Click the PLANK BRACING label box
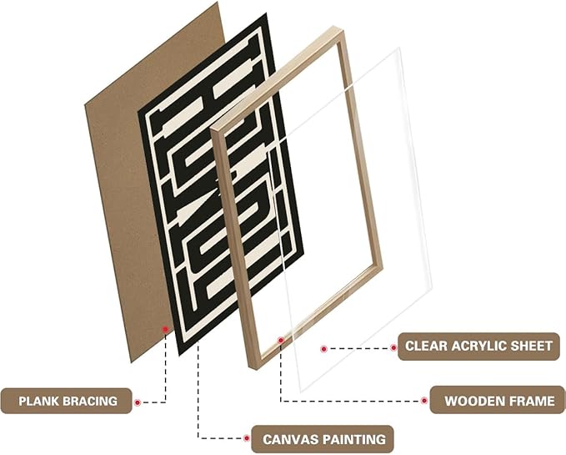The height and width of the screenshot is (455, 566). pos(69,402)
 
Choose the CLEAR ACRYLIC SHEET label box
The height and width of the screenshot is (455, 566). pos(478,346)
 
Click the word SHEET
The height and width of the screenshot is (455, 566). pos(531,346)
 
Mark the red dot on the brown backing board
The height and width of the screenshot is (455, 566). pos(165,331)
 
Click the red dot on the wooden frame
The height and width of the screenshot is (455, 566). pos(280,340)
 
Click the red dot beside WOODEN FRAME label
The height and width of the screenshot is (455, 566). pos(423,401)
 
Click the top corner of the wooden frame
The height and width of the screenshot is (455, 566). pos(338,28)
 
